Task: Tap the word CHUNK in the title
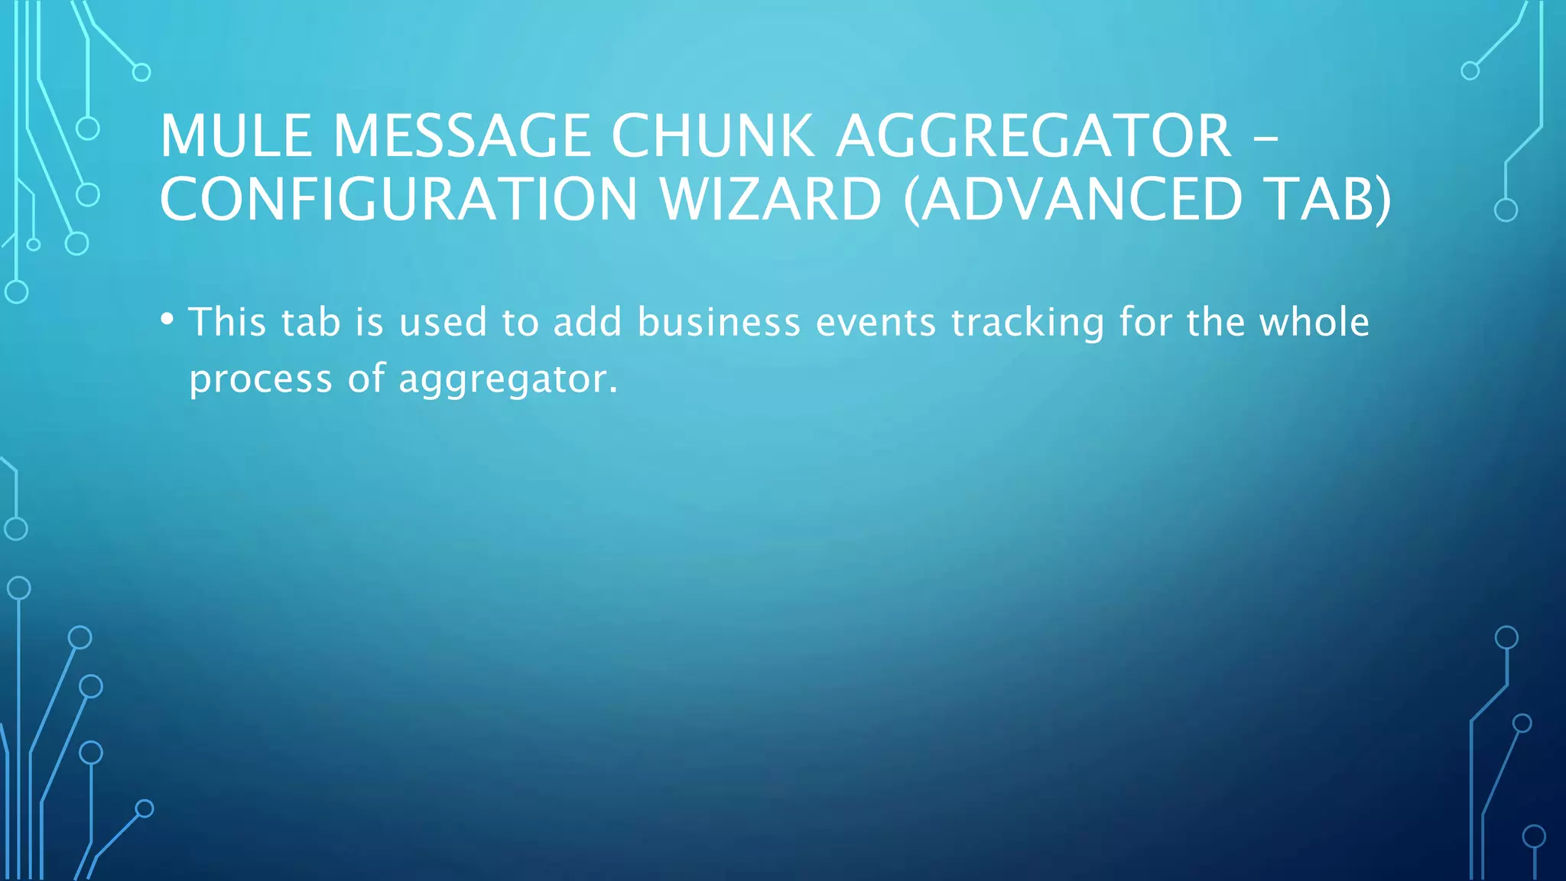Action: pyautogui.click(x=712, y=136)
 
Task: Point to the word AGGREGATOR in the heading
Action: pyautogui.click(x=1033, y=136)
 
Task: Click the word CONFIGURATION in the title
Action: pyautogui.click(x=398, y=200)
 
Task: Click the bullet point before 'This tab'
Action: pyautogui.click(x=167, y=318)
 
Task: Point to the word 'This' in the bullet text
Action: pyautogui.click(x=227, y=322)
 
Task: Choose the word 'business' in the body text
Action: pyautogui.click(x=719, y=322)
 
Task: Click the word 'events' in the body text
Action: pyautogui.click(x=876, y=322)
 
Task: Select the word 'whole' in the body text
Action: pyautogui.click(x=1314, y=322)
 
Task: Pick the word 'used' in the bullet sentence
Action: pyautogui.click(x=443, y=322)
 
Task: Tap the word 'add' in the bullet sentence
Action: pyautogui.click(x=587, y=322)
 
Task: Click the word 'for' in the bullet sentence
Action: pyautogui.click(x=1145, y=322)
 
